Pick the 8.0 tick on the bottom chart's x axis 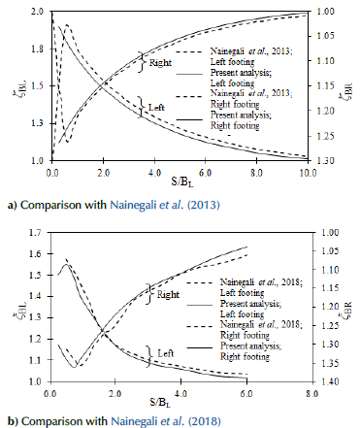coord(308,393)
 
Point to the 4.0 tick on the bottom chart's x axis coord(180,393)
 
